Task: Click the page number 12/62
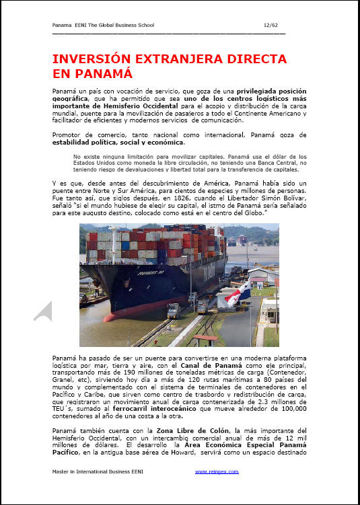click(x=272, y=25)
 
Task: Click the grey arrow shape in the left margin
click(x=43, y=311)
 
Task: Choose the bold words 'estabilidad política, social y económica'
click(x=118, y=142)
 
